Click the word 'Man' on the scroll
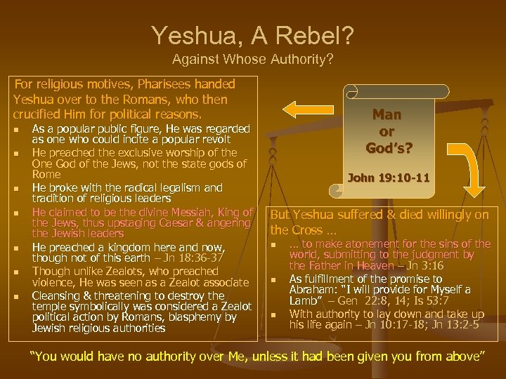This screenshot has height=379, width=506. (x=387, y=115)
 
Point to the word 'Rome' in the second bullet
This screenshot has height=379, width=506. (x=46, y=174)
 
